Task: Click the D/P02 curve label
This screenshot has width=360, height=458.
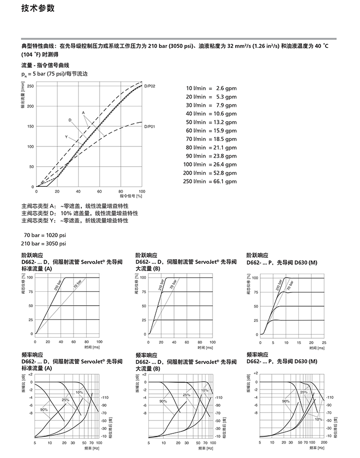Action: (150, 87)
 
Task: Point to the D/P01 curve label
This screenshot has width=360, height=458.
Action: (150, 127)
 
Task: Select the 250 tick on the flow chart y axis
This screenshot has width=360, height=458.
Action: (30, 86)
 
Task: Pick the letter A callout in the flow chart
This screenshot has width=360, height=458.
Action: (83, 112)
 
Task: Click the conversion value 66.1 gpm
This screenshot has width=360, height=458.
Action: (225, 181)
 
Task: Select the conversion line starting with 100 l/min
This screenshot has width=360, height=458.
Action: (210, 164)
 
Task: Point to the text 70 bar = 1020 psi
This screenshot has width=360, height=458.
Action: (45, 235)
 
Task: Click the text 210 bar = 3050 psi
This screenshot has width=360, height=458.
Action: (43, 244)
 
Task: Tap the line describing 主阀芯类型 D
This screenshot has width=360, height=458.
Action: (79, 213)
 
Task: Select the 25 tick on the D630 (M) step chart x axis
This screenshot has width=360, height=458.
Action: (324, 342)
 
